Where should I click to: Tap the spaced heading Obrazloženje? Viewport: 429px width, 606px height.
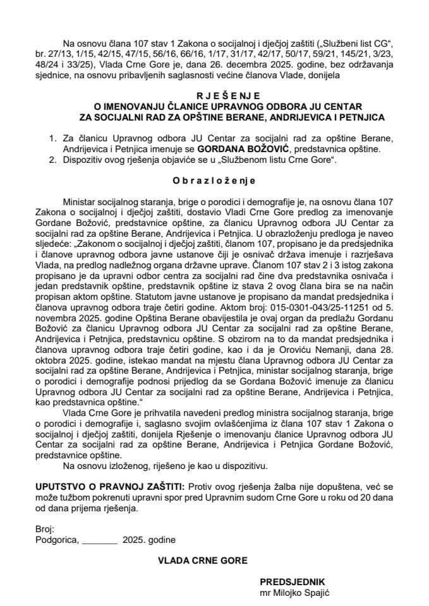pyautogui.click(x=214, y=180)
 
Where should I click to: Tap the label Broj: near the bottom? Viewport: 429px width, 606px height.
pyautogui.click(x=47, y=528)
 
